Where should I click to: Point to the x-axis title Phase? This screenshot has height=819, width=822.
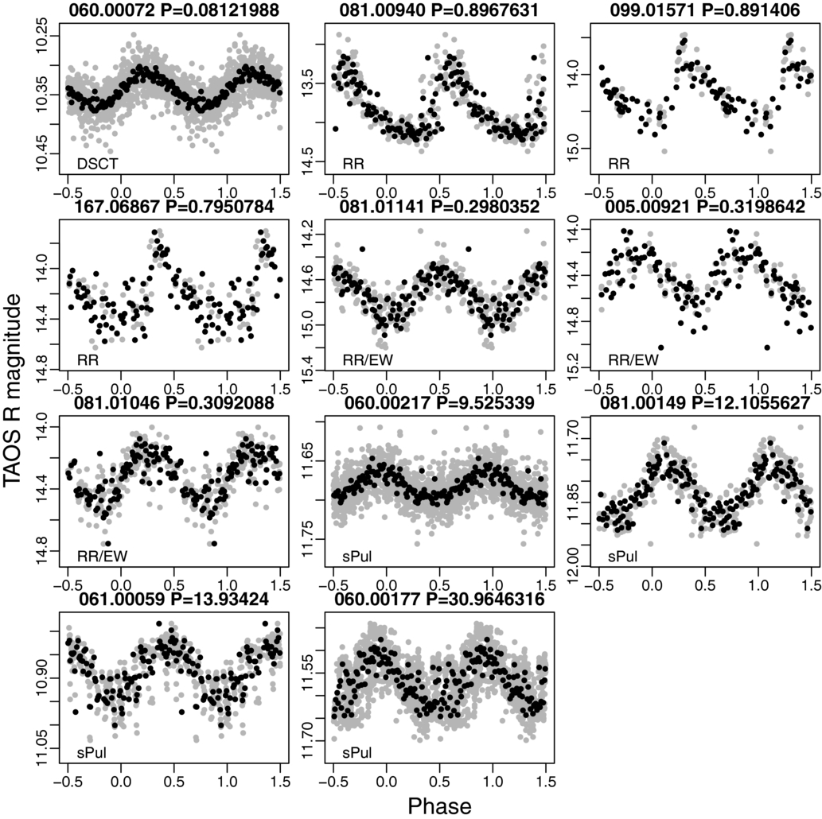439,805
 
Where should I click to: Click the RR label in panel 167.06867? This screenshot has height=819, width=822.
88,359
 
